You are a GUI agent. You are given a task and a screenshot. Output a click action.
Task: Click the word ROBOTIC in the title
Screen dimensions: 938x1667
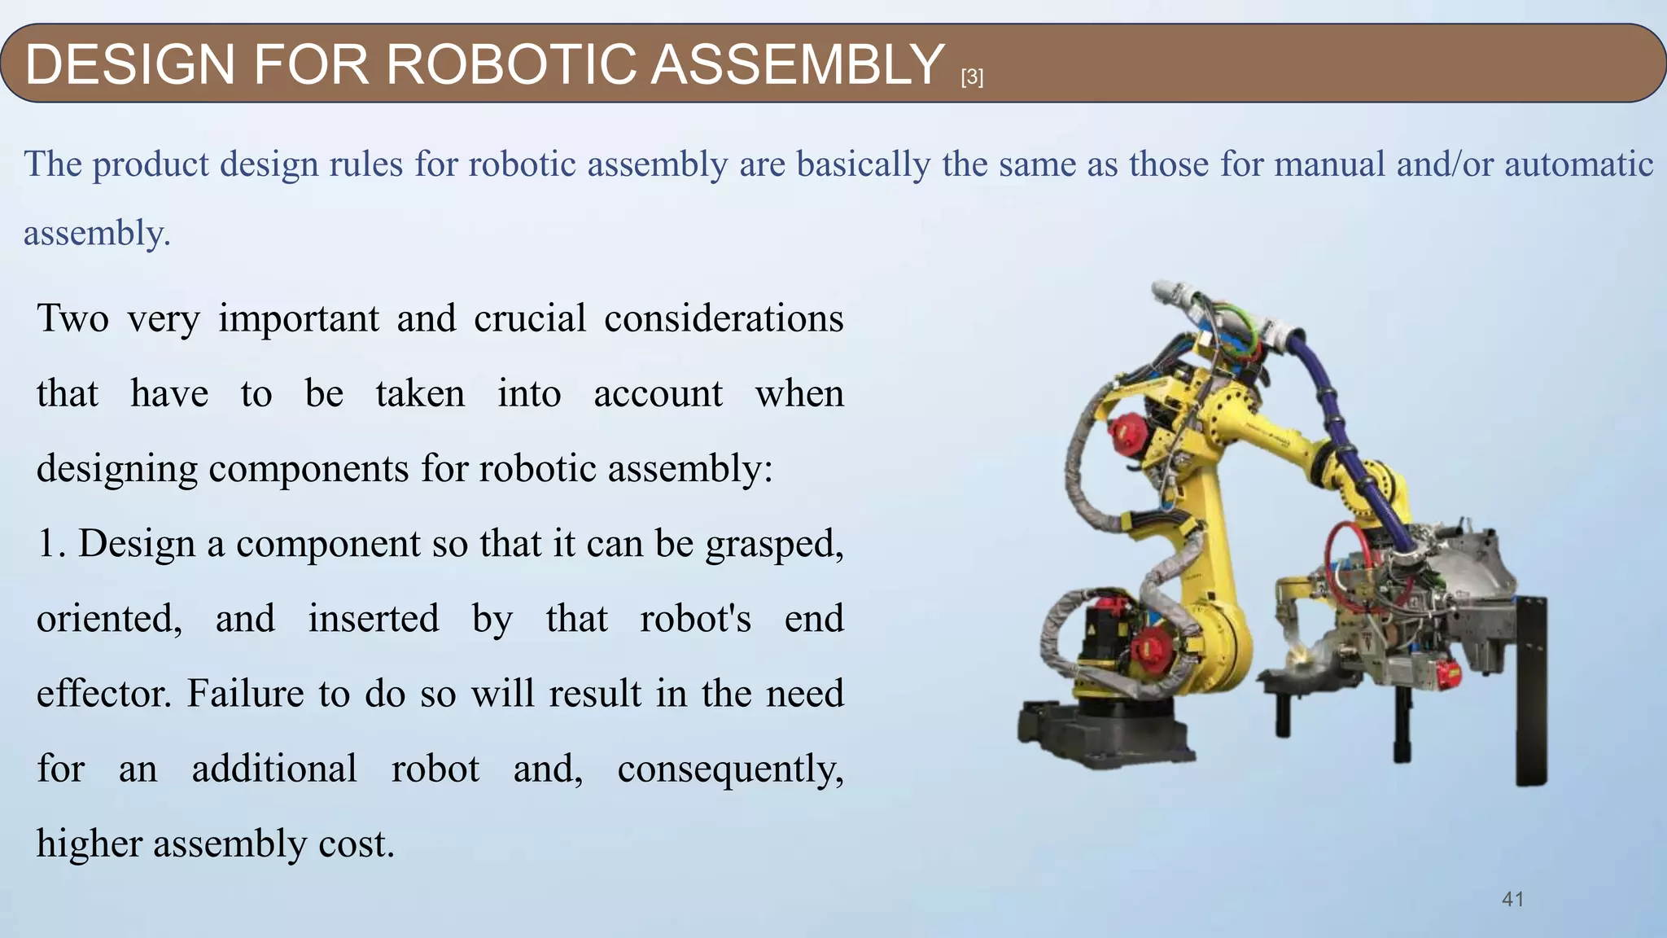point(510,64)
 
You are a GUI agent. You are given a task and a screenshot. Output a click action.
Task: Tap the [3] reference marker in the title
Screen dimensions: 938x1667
point(972,77)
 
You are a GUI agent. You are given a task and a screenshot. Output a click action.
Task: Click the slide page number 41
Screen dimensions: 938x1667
point(1512,899)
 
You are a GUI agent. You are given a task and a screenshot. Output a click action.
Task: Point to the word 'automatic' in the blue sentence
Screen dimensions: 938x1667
point(1578,164)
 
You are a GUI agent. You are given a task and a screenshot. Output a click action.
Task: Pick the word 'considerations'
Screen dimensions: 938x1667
point(724,318)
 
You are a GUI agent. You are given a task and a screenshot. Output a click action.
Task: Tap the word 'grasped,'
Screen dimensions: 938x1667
point(774,544)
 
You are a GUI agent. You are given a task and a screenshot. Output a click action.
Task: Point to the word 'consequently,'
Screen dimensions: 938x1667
point(730,769)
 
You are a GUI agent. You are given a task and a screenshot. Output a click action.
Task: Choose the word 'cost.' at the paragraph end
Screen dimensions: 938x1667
point(357,844)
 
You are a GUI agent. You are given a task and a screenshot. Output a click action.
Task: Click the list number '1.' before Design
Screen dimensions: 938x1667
point(51,544)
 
